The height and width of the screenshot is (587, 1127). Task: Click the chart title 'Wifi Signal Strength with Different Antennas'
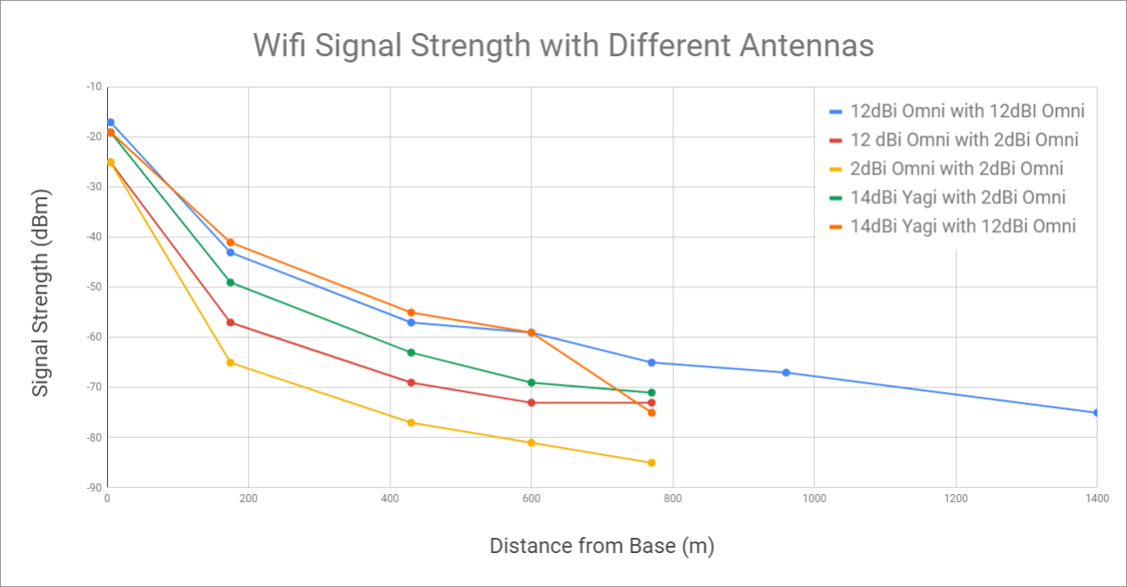563,45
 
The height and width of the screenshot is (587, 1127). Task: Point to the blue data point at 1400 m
1096,412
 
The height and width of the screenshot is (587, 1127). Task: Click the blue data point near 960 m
786,372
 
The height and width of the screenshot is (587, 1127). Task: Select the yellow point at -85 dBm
652,462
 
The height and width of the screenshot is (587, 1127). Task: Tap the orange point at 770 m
652,412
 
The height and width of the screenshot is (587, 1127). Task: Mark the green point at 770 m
652,393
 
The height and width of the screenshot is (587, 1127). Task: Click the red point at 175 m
230,322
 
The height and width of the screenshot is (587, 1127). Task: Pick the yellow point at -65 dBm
230,362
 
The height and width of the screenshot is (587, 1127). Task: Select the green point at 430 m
411,352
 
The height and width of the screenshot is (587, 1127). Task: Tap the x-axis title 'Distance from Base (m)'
602,545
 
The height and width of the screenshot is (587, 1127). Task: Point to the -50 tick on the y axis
93,287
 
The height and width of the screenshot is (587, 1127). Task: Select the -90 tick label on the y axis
93,487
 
